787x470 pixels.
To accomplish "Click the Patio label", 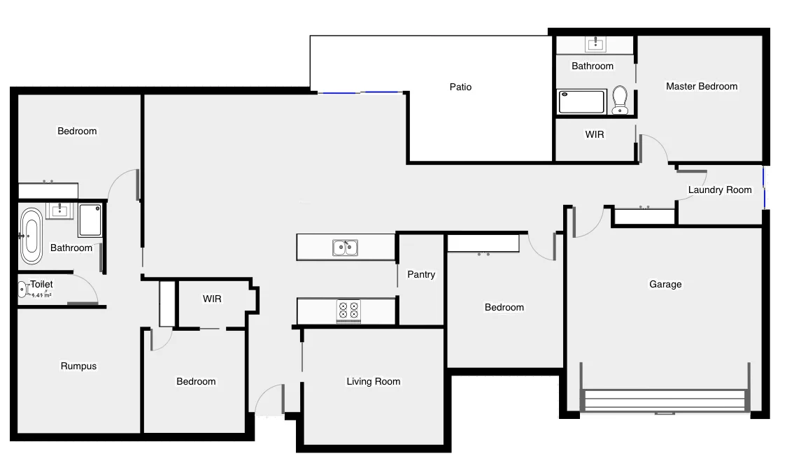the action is (460, 87).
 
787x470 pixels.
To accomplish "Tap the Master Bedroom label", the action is (701, 86).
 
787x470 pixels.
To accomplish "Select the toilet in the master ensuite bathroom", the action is (619, 100).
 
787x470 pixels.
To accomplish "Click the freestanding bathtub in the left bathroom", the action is (30, 235).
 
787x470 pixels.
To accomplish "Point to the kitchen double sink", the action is (345, 247).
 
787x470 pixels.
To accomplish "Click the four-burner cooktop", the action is (348, 310).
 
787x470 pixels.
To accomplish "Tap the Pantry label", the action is (421, 274).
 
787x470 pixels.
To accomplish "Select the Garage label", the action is (665, 284).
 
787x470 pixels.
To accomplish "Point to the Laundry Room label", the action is (719, 190).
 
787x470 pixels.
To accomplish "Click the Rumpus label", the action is (78, 366).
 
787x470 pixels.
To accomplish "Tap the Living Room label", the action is (374, 381).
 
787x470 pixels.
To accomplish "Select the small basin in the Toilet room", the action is (22, 289).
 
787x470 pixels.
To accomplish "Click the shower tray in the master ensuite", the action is (581, 101).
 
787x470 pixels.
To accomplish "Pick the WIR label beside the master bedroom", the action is (594, 134).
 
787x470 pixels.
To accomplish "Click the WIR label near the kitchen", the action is (212, 299).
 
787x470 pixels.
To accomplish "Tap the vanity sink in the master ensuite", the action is (596, 45).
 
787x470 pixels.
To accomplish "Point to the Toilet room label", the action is (41, 284).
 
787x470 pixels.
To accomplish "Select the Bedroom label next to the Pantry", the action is (504, 307).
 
